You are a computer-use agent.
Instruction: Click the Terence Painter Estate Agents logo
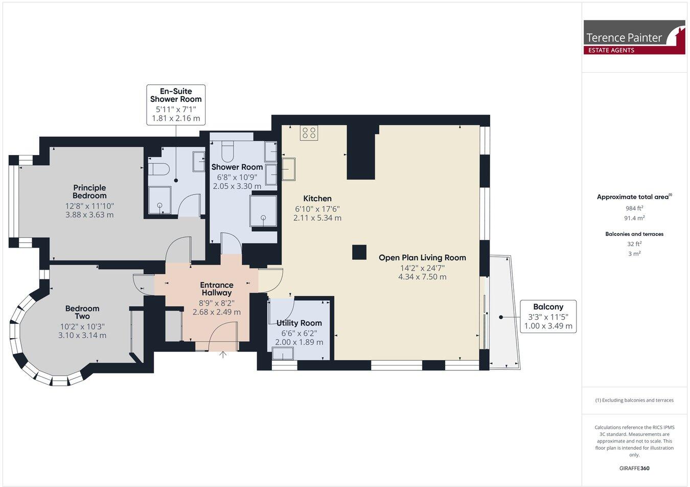[x=634, y=37]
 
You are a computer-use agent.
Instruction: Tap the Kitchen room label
[x=317, y=198]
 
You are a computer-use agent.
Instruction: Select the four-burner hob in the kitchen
[x=309, y=133]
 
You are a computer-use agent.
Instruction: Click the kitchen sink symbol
[x=288, y=169]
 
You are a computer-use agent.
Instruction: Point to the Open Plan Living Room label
[x=422, y=258]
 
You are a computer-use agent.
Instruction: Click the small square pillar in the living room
[x=359, y=252]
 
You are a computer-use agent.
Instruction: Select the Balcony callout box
[x=548, y=316]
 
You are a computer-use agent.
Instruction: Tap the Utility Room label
[x=299, y=323]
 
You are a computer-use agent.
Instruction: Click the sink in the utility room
[x=283, y=354]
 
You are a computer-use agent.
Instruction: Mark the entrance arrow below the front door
[x=223, y=355]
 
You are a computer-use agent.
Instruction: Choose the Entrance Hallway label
[x=217, y=289]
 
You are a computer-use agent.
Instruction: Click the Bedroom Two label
[x=82, y=312]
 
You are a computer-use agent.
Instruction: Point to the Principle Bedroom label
[x=89, y=191]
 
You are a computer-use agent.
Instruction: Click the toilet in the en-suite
[x=159, y=169]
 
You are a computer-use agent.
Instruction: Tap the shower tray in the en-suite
[x=160, y=200]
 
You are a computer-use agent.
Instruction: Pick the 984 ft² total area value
[x=634, y=208]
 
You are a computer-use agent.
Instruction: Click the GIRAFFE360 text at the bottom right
[x=634, y=468]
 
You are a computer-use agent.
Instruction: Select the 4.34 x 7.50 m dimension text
[x=422, y=277]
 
